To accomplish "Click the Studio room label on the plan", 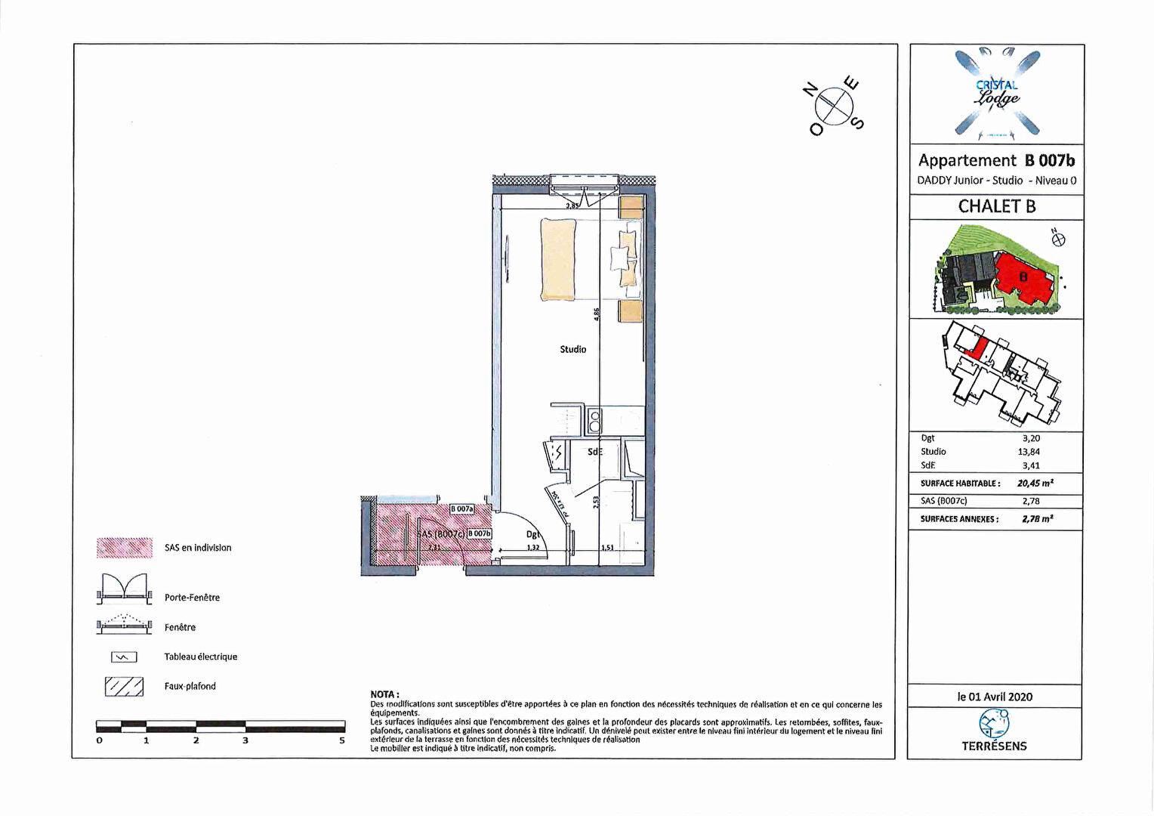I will [572, 349].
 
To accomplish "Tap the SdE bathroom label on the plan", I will [595, 452].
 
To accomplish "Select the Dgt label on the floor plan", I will [532, 534].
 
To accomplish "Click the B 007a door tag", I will [461, 509].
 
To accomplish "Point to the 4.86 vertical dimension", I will [597, 314].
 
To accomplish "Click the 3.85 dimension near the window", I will [572, 205].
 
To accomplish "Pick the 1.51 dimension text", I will [606, 548].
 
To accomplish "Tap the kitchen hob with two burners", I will [594, 420].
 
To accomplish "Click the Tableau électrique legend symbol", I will [124, 657].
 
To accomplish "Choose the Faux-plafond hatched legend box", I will [124, 686].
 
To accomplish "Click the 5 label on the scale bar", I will [342, 740].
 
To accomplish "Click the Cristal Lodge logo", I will [996, 92].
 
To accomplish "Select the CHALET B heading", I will [996, 206].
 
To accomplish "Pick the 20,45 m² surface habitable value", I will [1035, 483].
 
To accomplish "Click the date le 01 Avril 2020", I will [995, 697].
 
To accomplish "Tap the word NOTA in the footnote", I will [384, 694].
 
